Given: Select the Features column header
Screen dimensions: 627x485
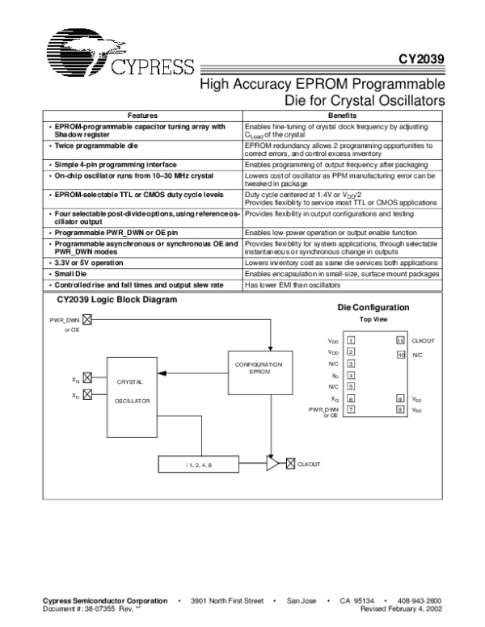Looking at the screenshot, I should tap(142, 116).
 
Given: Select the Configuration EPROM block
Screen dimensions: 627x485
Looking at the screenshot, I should tap(259, 368).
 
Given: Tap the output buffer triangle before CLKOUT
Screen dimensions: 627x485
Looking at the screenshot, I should tap(272, 465).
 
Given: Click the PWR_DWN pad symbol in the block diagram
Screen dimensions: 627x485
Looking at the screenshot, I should tap(87, 319).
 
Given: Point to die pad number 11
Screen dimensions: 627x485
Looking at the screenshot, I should tap(400, 341).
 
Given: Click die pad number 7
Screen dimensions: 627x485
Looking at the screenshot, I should tap(351, 410).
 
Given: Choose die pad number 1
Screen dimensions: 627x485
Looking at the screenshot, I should tap(351, 341).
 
